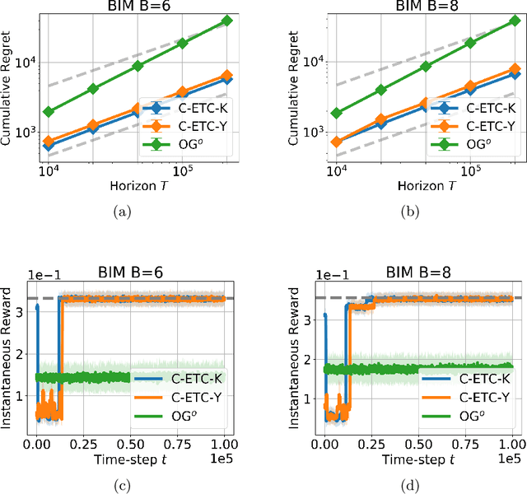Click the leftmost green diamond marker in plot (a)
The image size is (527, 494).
point(49,111)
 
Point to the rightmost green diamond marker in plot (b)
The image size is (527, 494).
point(514,21)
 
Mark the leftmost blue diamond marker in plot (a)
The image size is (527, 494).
point(49,146)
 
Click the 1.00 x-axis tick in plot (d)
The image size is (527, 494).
point(512,445)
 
